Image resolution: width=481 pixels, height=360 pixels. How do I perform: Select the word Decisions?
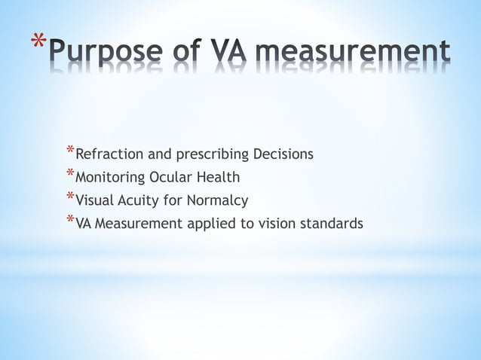pyautogui.click(x=283, y=155)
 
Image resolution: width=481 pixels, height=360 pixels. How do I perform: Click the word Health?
pyautogui.click(x=218, y=178)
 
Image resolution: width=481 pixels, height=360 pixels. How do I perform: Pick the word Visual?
pyautogui.click(x=95, y=200)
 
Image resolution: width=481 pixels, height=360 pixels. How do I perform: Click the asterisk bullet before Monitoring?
pyautogui.click(x=69, y=175)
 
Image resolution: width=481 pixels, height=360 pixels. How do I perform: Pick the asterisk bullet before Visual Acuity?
pyautogui.click(x=69, y=198)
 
